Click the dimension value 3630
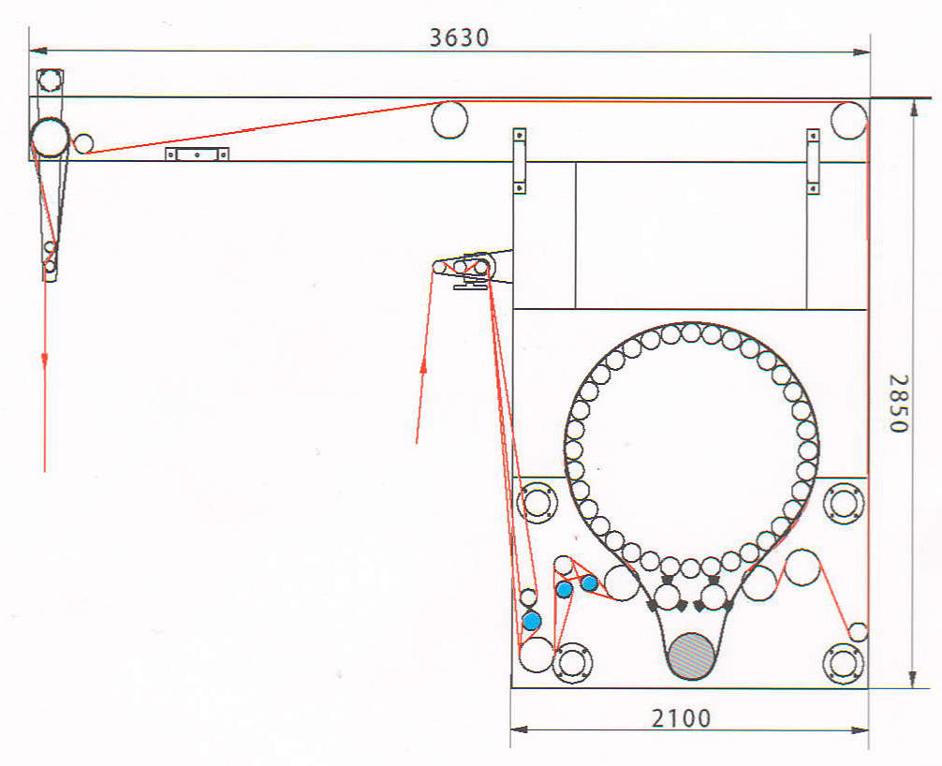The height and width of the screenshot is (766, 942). (x=459, y=37)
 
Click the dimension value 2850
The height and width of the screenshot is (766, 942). (x=899, y=403)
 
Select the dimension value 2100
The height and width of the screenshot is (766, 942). (x=682, y=718)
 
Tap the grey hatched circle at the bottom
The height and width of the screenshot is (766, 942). (x=691, y=656)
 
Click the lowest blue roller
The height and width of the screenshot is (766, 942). (x=532, y=621)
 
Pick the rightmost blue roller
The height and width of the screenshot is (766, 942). (x=589, y=582)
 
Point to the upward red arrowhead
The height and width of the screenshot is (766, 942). (x=423, y=364)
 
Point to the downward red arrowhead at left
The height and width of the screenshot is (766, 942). (x=44, y=360)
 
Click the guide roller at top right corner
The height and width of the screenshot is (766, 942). (x=849, y=120)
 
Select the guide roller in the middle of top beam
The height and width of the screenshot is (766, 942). (x=449, y=120)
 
